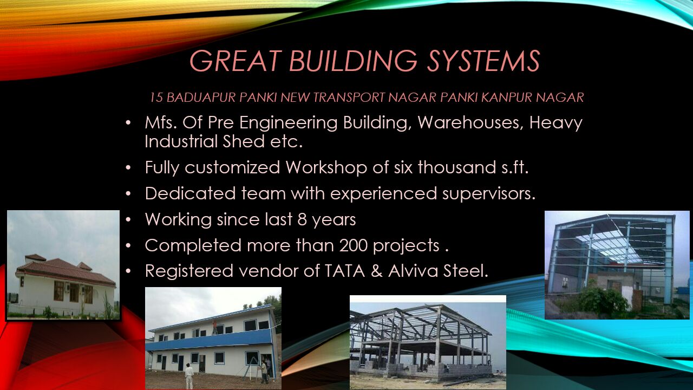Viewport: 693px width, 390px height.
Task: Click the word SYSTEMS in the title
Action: (x=483, y=61)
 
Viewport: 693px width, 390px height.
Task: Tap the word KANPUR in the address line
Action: (x=507, y=97)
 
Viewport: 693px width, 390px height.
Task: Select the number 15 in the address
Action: (x=156, y=97)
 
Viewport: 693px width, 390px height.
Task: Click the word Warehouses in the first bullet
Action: (x=471, y=122)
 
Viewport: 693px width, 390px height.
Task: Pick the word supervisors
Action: (x=488, y=194)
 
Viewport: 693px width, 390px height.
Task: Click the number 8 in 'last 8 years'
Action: (x=302, y=219)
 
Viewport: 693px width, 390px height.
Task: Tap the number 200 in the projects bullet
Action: (x=354, y=245)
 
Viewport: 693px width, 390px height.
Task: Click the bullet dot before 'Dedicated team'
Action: (x=128, y=194)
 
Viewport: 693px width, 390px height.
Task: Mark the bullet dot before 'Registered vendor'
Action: (x=128, y=271)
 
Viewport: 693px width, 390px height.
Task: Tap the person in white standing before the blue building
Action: (x=189, y=375)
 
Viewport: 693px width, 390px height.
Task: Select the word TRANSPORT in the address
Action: (x=349, y=97)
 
